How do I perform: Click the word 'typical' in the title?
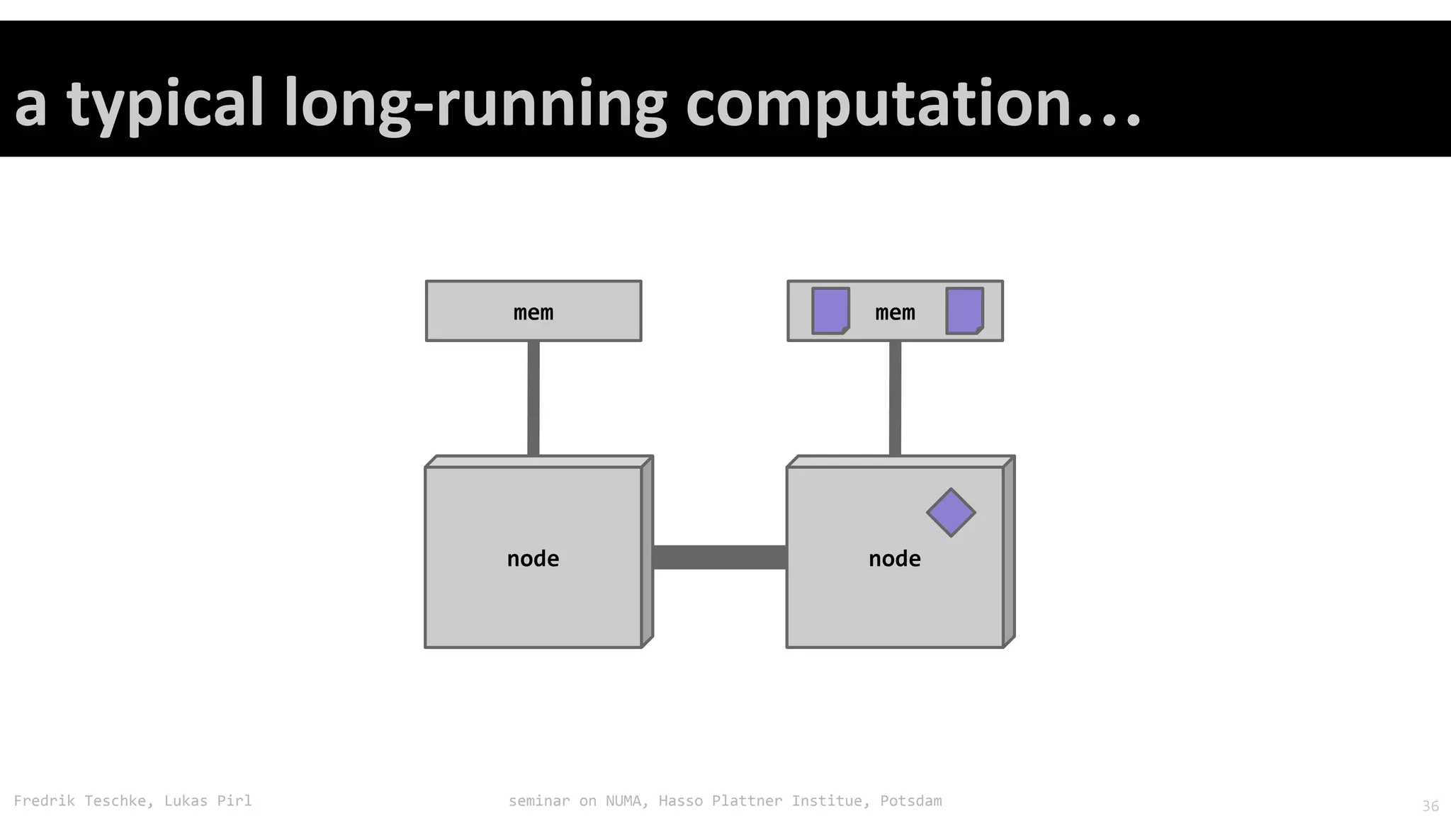pyautogui.click(x=165, y=105)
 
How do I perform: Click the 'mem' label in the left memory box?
pyautogui.click(x=533, y=312)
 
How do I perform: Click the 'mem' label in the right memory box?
pyautogui.click(x=895, y=312)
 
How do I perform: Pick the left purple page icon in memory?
pyautogui.click(x=830, y=310)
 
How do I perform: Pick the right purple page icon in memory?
pyautogui.click(x=965, y=310)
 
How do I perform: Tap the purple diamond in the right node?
pyautogui.click(x=951, y=512)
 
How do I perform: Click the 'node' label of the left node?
pyautogui.click(x=533, y=559)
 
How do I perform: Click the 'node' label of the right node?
pyautogui.click(x=895, y=559)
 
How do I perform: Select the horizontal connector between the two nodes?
pyautogui.click(x=719, y=557)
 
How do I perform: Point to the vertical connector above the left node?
pyautogui.click(x=533, y=398)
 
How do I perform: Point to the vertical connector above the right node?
pyautogui.click(x=895, y=398)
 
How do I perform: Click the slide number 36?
pyautogui.click(x=1430, y=806)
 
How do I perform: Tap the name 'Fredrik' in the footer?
pyautogui.click(x=44, y=801)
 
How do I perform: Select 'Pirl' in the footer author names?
pyautogui.click(x=235, y=801)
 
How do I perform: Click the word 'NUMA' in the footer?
pyautogui.click(x=623, y=801)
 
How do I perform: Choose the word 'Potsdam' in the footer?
pyautogui.click(x=911, y=801)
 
